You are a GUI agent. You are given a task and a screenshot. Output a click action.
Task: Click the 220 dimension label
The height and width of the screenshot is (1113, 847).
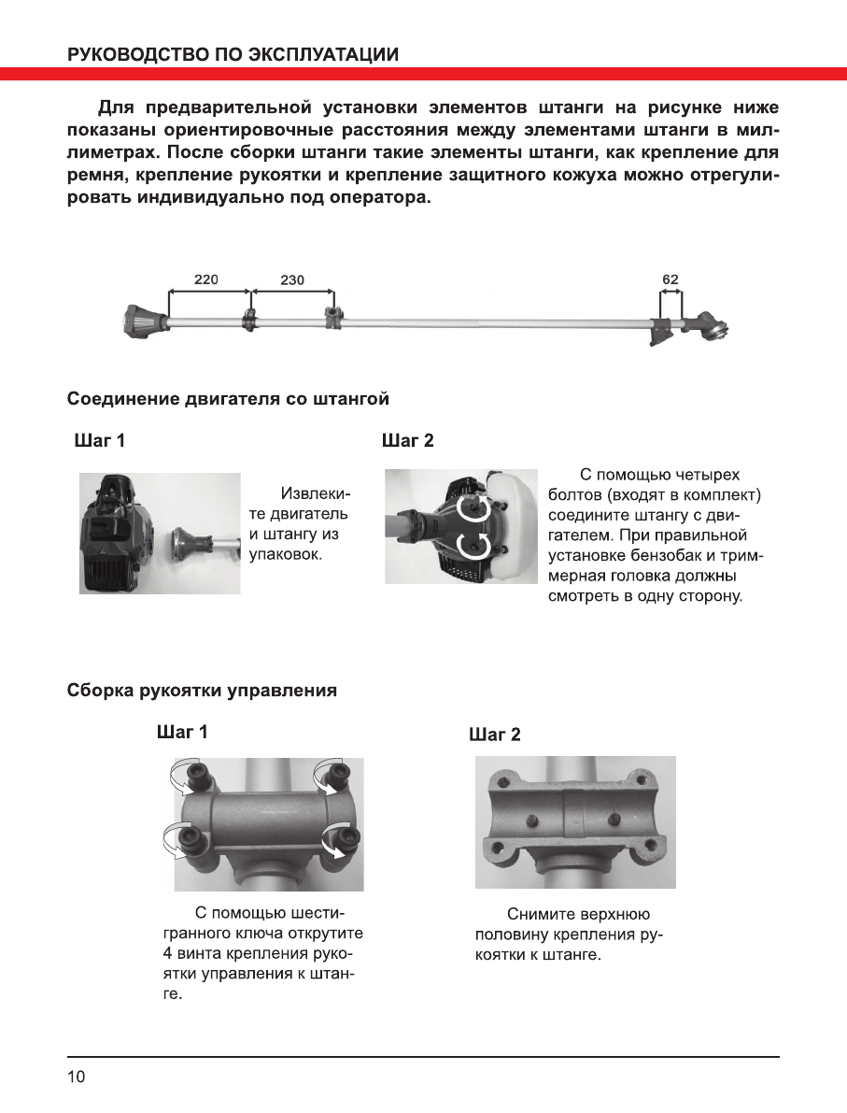[206, 279]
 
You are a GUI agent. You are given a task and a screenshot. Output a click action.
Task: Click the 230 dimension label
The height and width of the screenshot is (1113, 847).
[291, 279]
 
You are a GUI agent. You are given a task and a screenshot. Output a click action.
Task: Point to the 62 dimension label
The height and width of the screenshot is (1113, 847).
[670, 278]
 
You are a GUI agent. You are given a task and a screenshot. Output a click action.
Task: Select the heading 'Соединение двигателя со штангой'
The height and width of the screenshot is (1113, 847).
[228, 399]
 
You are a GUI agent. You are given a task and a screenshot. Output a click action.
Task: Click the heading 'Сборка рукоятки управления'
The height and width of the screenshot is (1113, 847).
[202, 692]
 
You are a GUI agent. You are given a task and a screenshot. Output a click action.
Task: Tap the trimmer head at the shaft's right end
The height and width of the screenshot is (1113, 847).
[714, 326]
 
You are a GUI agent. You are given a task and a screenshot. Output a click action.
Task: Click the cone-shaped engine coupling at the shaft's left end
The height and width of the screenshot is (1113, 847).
[143, 321]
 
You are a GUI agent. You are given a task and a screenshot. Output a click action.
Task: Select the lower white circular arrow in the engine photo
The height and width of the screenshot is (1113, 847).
[473, 547]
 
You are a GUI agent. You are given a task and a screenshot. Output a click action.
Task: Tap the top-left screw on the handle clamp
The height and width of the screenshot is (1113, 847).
[198, 775]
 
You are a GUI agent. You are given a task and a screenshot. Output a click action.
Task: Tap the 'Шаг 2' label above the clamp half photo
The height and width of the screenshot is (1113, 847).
[494, 735]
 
